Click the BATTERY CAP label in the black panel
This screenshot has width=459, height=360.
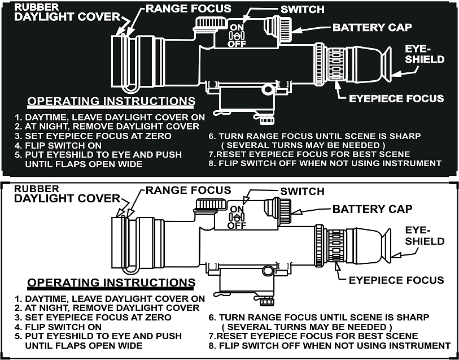[373, 28]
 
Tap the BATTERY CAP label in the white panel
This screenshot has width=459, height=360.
[373, 209]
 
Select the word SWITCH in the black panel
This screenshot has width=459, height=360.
[303, 10]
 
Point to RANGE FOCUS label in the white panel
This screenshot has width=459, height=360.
[189, 190]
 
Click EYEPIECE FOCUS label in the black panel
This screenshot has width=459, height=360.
[396, 98]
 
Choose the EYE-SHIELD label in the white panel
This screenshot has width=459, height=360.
[425, 236]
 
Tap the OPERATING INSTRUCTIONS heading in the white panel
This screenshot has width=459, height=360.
[111, 283]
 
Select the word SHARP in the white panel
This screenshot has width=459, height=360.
[413, 318]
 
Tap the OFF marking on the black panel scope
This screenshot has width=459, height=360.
[237, 44]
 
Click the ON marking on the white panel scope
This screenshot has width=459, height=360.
[237, 209]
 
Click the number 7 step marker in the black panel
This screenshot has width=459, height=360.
[210, 154]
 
